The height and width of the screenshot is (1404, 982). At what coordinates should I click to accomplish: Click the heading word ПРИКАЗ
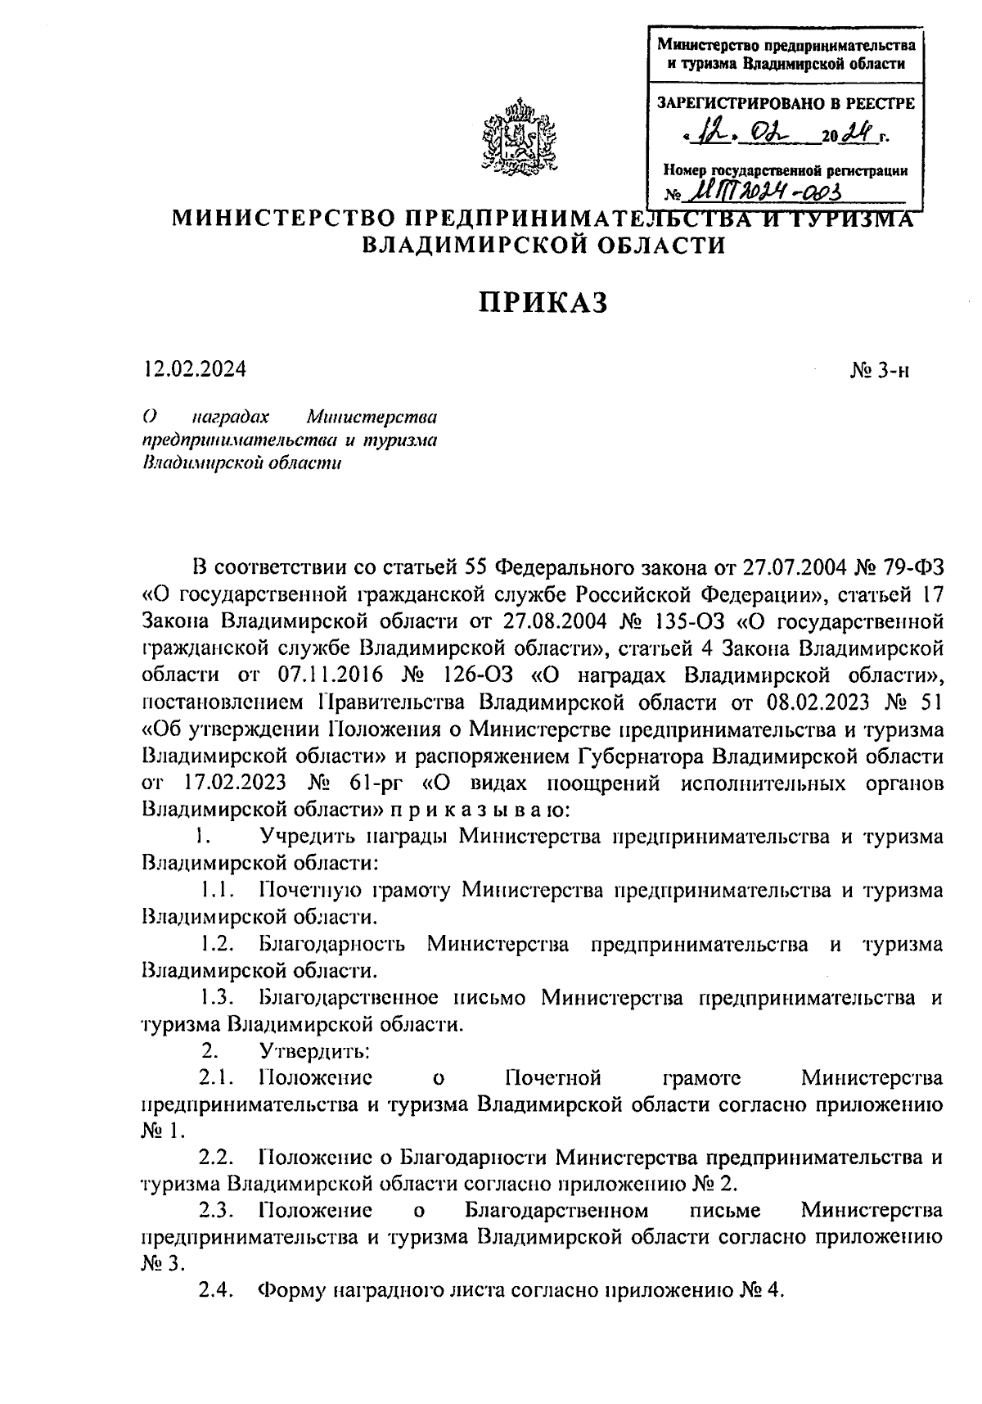pos(543,302)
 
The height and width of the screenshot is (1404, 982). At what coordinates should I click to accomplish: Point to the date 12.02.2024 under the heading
pos(194,370)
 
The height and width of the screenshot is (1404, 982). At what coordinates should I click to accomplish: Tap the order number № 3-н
pos(880,371)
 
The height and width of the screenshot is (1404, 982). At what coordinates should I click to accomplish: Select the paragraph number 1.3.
pos(217,998)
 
